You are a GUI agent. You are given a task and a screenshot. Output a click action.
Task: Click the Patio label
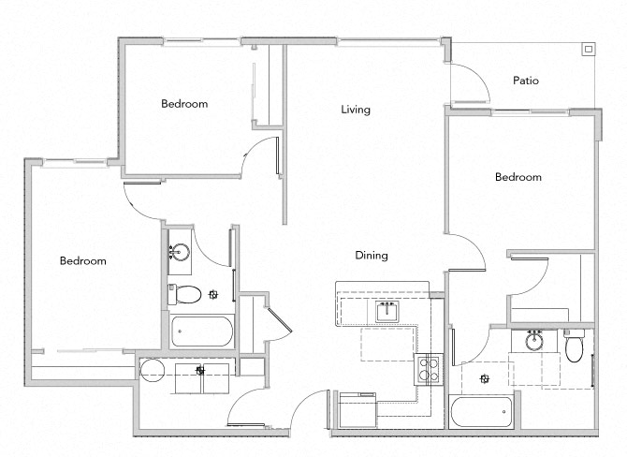(526, 81)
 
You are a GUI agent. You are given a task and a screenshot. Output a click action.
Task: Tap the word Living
(355, 110)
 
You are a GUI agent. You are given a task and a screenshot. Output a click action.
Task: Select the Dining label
(371, 255)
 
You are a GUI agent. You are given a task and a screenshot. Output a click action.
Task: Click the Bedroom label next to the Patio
(518, 177)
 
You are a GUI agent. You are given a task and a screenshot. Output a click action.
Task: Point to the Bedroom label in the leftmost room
(82, 261)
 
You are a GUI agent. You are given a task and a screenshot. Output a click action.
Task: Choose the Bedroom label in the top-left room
(183, 104)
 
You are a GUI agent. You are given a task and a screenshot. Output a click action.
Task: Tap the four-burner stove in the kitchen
(429, 368)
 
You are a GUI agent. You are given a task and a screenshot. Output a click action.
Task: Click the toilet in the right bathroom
(576, 347)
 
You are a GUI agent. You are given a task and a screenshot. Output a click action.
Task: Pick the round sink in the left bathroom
(179, 252)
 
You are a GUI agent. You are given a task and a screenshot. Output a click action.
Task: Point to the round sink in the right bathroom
(534, 342)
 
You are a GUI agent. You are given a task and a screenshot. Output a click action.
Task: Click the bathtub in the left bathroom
(202, 332)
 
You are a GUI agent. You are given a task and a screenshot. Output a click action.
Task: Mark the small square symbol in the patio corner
(588, 49)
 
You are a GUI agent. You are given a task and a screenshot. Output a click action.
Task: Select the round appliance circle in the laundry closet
(152, 369)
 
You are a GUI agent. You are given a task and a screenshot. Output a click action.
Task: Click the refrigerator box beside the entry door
(357, 410)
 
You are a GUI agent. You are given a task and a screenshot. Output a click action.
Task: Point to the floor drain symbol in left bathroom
(213, 294)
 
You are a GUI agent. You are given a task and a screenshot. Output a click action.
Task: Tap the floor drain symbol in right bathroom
(484, 378)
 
